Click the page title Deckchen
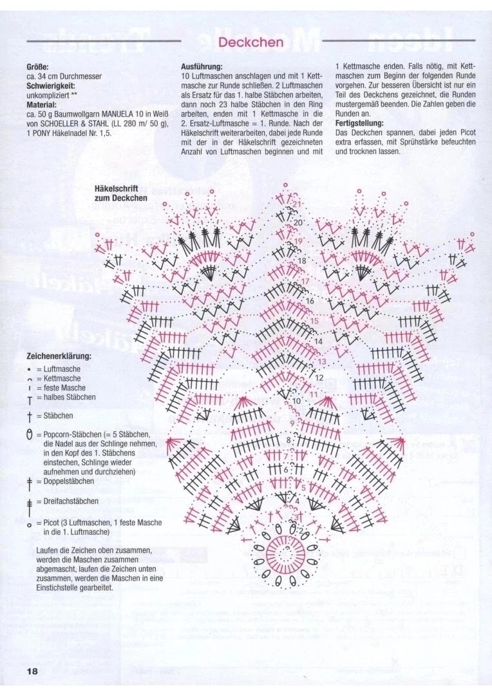pos(251,43)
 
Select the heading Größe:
pos(37,66)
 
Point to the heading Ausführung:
pos(202,66)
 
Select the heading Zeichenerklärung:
pos(59,356)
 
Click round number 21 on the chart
pos(297,205)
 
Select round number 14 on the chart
pos(318,340)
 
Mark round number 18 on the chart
pos(302,260)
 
